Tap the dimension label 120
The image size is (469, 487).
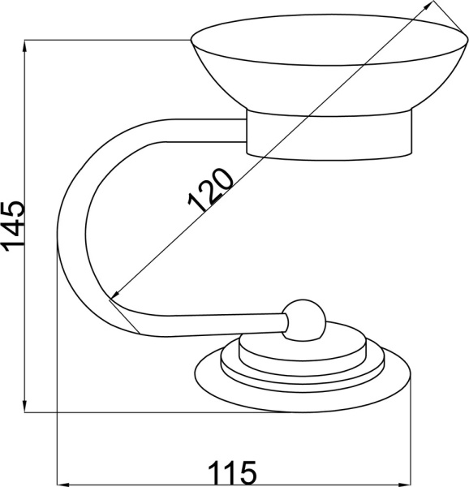click(211, 191)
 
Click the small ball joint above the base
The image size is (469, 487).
click(303, 321)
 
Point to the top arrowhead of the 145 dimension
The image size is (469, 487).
click(25, 46)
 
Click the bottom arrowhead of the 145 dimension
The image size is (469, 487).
click(25, 406)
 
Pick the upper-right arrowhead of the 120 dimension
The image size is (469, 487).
click(429, 6)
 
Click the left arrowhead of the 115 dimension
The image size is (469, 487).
click(63, 485)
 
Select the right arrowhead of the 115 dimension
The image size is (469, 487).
click(405, 485)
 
